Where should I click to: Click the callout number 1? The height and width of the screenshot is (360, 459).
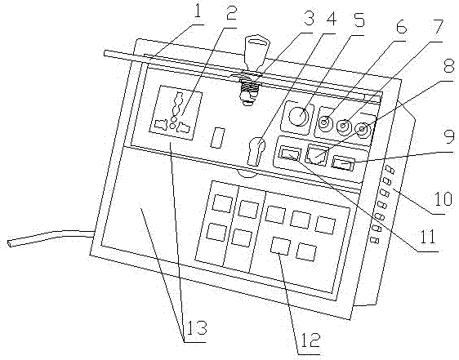tap(198, 11)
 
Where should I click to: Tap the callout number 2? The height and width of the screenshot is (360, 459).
tap(231, 11)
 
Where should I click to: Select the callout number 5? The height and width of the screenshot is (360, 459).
tap(358, 20)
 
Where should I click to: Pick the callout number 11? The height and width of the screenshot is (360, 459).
tap(428, 237)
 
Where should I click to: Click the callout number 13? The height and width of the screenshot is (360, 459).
tap(195, 328)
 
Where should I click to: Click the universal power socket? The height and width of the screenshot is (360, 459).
tap(176, 113)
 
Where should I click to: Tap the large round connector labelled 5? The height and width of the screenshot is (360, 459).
tap(298, 117)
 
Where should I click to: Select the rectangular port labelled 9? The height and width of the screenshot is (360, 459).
tap(343, 162)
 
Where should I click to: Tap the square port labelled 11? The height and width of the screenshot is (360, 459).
tap(290, 153)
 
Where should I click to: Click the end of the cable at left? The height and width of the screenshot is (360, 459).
tap(11, 243)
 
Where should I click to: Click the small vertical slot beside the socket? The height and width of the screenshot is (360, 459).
tap(217, 137)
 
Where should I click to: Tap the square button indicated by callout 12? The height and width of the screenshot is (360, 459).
tap(280, 245)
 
